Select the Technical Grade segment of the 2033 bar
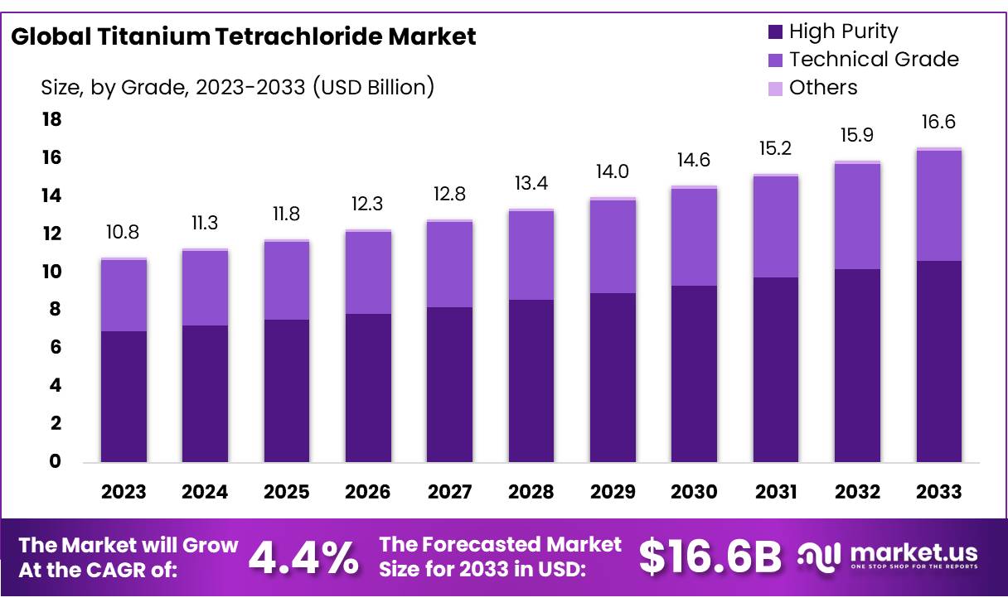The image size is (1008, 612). click(x=939, y=205)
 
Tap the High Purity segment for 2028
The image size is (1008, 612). click(x=531, y=380)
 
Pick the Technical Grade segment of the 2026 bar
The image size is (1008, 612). click(x=368, y=272)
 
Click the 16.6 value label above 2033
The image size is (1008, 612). click(x=939, y=122)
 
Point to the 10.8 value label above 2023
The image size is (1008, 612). click(x=124, y=232)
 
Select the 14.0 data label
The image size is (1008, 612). click(x=613, y=171)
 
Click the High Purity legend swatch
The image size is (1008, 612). click(x=776, y=32)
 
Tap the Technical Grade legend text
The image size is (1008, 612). click(x=874, y=60)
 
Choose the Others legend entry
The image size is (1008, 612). click(x=823, y=88)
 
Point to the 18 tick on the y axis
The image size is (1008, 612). click(x=51, y=120)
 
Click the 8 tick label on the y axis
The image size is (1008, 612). click(x=56, y=310)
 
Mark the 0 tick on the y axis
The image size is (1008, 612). click(x=56, y=461)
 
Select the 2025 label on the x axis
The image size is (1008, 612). click(x=287, y=492)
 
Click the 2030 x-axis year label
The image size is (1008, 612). click(x=694, y=492)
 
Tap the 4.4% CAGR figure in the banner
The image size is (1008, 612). click(x=304, y=557)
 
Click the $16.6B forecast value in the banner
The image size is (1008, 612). click(x=710, y=557)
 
